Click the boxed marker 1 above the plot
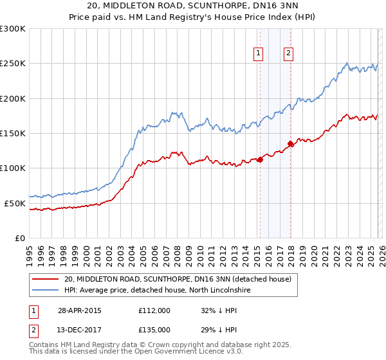tap(259, 53)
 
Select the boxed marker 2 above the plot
tap(288, 53)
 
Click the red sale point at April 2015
tap(260, 160)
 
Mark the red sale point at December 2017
tap(290, 144)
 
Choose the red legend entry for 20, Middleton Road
tap(178, 279)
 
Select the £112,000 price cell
tap(154, 310)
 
